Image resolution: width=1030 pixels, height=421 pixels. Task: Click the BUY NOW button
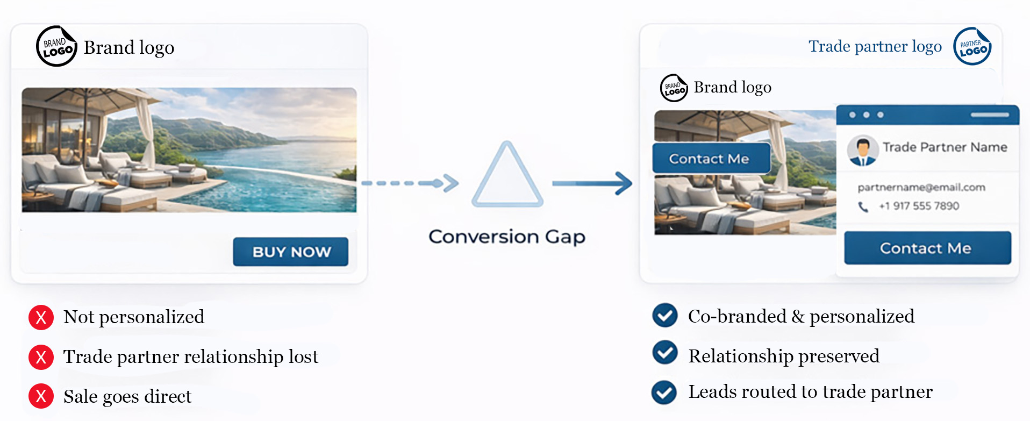click(x=291, y=252)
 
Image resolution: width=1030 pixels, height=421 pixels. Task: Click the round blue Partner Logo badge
click(x=972, y=47)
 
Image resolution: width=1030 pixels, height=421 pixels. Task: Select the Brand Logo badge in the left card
click(x=56, y=47)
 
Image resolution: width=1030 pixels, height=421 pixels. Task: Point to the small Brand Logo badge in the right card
click(x=674, y=88)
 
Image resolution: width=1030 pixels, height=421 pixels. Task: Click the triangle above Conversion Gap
click(x=507, y=176)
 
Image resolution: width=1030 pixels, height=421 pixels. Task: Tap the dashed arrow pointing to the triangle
click(x=410, y=183)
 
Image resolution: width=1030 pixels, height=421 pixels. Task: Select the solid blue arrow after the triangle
click(x=592, y=183)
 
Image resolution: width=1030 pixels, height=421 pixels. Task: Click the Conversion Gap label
click(x=506, y=237)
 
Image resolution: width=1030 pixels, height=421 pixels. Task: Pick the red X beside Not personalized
click(x=41, y=317)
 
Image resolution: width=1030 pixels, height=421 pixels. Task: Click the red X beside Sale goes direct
click(x=41, y=396)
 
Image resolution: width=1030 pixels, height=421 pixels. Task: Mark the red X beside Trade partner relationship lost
click(x=41, y=357)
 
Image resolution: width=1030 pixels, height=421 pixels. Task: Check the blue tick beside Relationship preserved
click(x=665, y=353)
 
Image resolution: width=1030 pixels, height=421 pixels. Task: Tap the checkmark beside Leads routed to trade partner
click(x=664, y=392)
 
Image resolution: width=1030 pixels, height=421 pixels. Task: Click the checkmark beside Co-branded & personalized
click(x=665, y=316)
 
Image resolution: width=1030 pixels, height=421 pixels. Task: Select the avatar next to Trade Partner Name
click(x=863, y=150)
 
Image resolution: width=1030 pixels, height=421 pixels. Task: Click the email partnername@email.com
click(x=921, y=187)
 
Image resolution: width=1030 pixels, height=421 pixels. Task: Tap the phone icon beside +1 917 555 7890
click(x=863, y=207)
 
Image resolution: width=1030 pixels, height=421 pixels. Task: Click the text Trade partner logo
click(x=875, y=47)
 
